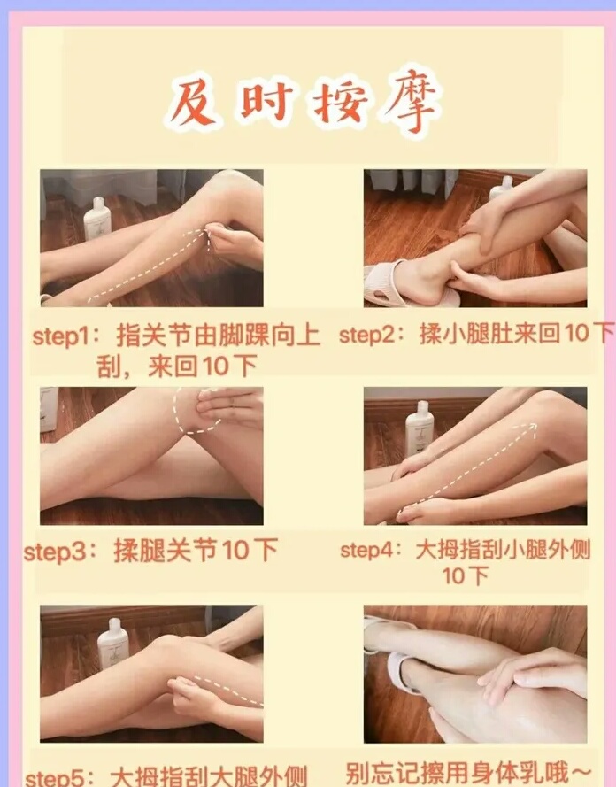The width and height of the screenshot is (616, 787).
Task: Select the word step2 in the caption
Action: point(366,335)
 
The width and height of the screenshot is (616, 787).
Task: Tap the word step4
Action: point(366,550)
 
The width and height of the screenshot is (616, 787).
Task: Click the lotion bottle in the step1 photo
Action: point(97,219)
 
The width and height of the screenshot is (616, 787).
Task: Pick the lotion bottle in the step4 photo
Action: point(420,428)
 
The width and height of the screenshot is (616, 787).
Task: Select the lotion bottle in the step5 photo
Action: point(113,644)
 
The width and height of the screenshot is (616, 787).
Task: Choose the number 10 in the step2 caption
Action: point(578,333)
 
